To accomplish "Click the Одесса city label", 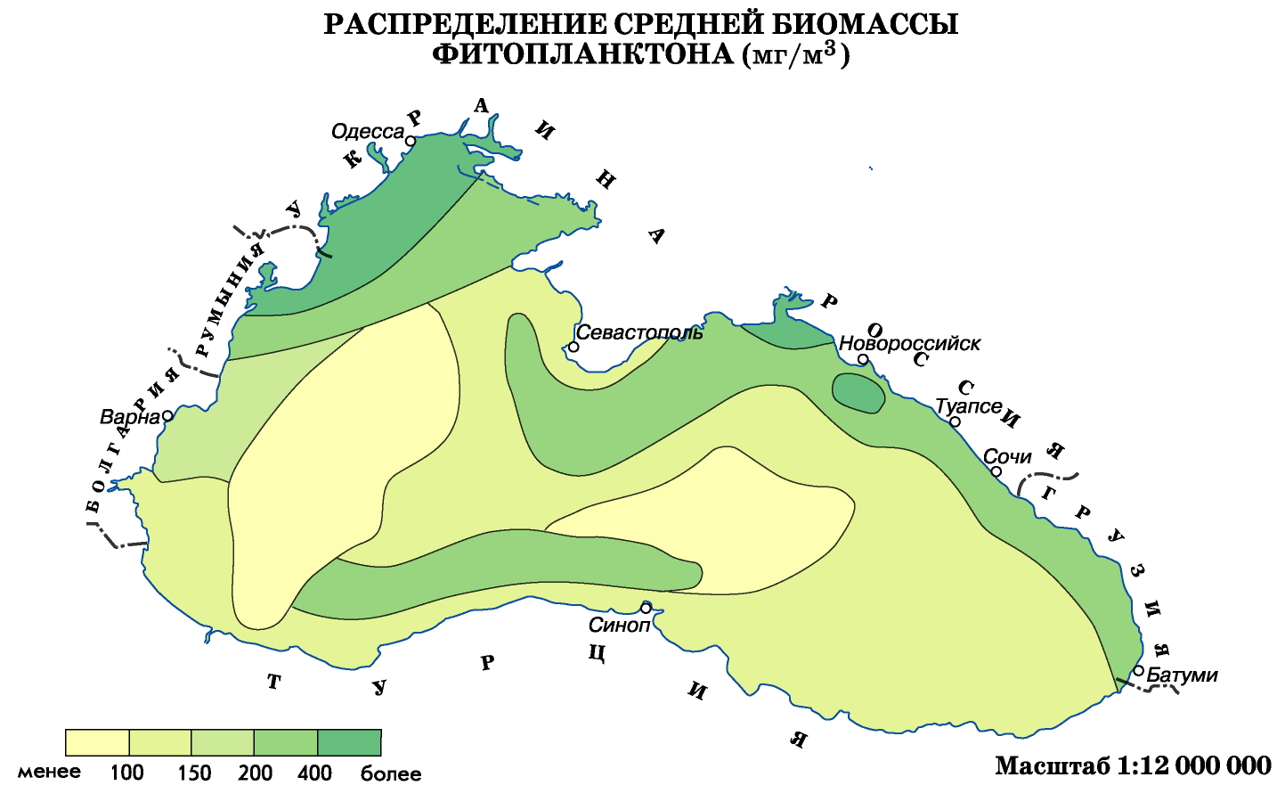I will pyautogui.click(x=367, y=132).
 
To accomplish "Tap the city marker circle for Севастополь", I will pyautogui.click(x=574, y=347).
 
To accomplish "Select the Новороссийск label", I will pyautogui.click(x=909, y=343).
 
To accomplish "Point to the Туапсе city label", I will pyautogui.click(x=968, y=406).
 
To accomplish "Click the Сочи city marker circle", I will pyautogui.click(x=996, y=471).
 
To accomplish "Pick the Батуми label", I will pyautogui.click(x=1182, y=675).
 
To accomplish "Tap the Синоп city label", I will pyautogui.click(x=619, y=626).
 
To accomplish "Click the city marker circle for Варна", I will pyautogui.click(x=167, y=415).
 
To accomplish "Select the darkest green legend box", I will pyautogui.click(x=349, y=742).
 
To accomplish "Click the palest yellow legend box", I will pyautogui.click(x=97, y=742).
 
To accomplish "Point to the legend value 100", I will pyautogui.click(x=126, y=773).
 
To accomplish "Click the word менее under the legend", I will pyautogui.click(x=49, y=772).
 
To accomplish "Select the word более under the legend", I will pyautogui.click(x=391, y=773).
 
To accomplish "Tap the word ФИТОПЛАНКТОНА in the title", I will pyautogui.click(x=584, y=55).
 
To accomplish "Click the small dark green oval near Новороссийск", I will pyautogui.click(x=858, y=392).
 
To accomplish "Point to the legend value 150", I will pyautogui.click(x=193, y=773).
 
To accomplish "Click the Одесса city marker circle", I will pyautogui.click(x=411, y=141).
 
